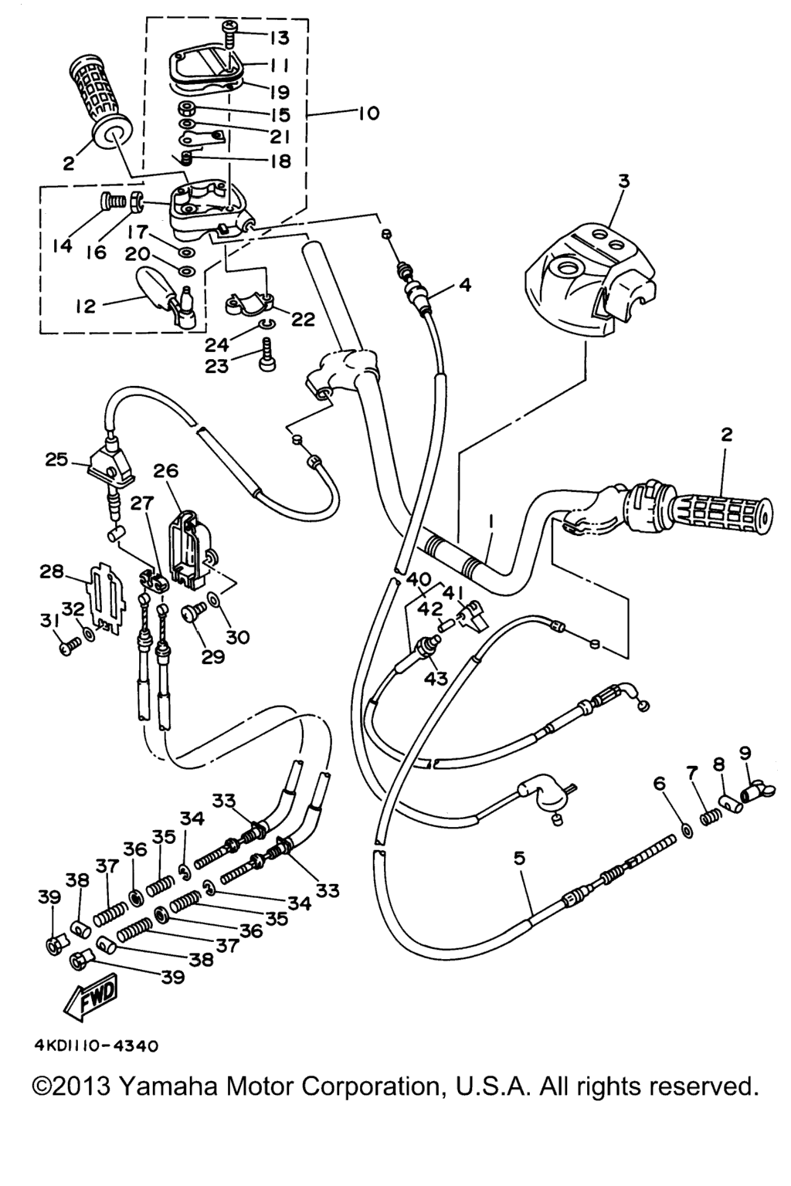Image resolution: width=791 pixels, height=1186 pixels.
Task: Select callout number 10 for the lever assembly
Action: [x=368, y=114]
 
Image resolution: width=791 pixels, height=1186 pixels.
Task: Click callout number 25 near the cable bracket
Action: [x=56, y=460]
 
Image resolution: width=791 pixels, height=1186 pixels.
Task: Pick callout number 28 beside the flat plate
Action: [x=51, y=572]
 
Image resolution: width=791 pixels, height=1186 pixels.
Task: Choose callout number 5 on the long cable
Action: [x=519, y=858]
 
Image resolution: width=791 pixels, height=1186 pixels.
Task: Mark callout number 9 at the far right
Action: [x=745, y=752]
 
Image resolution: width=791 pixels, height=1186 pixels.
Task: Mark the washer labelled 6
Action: [x=684, y=831]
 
